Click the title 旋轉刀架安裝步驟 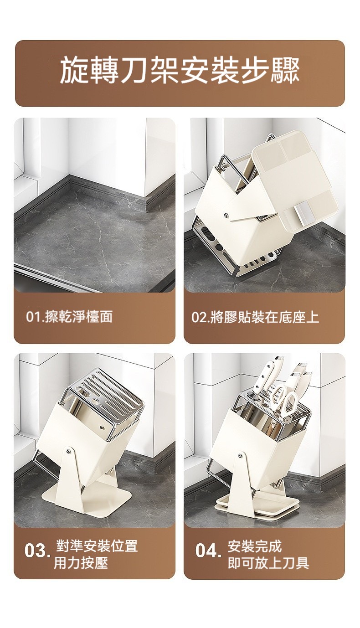pos(180,70)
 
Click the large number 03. pos(37,551)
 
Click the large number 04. pos(208,551)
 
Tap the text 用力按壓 pos(81,562)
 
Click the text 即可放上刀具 pos(268,562)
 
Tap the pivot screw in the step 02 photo pos(226,215)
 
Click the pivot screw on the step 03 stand pos(68,451)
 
